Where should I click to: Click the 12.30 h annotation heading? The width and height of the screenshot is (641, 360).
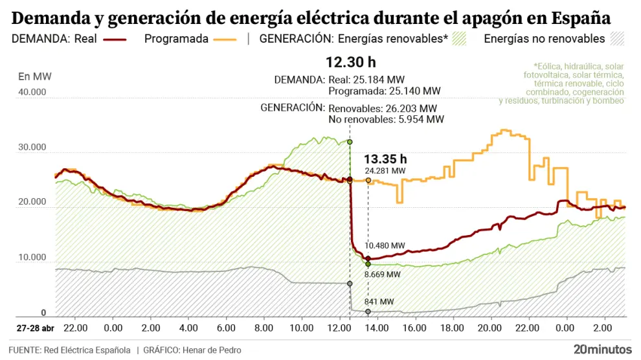coord(350,63)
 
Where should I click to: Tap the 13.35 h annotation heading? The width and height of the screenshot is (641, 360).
coord(385,159)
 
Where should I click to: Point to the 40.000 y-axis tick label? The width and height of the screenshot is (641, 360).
coord(32,92)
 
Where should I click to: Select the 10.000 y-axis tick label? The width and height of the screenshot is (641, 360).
coord(32,258)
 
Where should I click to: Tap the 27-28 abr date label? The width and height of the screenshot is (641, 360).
coord(36,328)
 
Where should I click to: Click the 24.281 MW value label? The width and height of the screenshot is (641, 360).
coord(385,171)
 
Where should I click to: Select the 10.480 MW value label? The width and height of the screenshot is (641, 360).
coord(385,245)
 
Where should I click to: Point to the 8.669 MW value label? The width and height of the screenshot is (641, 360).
coord(383,275)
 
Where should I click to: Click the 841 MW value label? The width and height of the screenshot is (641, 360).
coord(379,302)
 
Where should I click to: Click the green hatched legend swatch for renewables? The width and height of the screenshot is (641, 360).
coord(460,39)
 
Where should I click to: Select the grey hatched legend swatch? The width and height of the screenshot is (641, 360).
coord(617,39)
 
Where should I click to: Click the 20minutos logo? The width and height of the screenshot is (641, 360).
coord(602,349)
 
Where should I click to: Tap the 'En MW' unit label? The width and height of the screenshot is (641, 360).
coord(35,76)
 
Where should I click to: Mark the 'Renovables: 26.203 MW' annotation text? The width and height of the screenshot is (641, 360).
coord(383,108)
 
